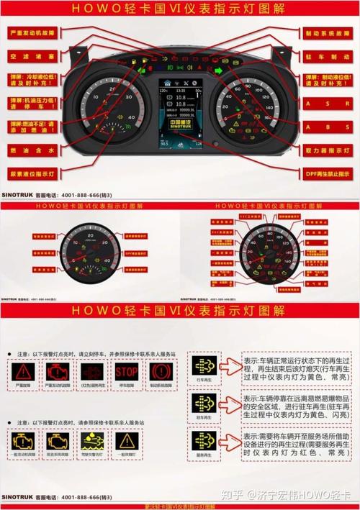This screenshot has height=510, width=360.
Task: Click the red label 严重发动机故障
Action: (33, 33)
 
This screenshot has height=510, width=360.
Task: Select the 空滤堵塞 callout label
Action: (33, 55)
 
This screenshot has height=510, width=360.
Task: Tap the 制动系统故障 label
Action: (328, 33)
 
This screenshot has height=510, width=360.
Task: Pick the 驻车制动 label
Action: (328, 56)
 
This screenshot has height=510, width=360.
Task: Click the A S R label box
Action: (328, 104)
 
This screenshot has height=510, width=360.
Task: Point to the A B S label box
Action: (328, 127)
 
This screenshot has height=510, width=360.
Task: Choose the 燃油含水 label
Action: (33, 150)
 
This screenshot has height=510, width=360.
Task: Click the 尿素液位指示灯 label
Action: (33, 173)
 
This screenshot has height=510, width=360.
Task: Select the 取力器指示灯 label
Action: (328, 150)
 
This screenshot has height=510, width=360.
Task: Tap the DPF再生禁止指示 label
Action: (328, 173)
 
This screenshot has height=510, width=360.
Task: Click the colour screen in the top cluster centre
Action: (179, 114)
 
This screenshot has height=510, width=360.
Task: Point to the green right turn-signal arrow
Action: (218, 71)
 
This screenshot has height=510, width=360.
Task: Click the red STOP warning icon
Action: (126, 372)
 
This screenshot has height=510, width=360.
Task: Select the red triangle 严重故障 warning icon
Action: (24, 372)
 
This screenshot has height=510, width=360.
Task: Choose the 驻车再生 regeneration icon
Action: (204, 404)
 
